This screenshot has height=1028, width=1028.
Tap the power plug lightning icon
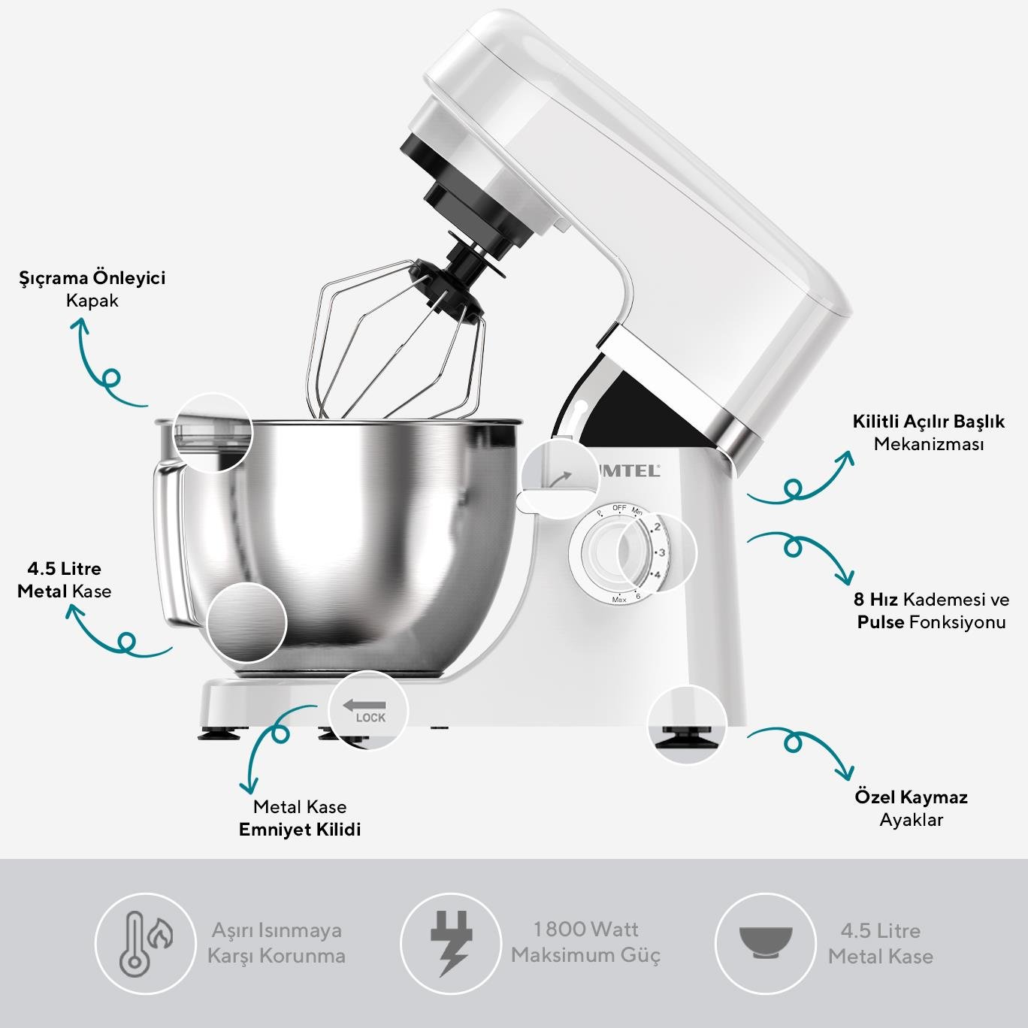(451, 943)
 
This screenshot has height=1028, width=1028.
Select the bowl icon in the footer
(766, 942)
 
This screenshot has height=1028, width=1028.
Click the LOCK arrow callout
(367, 710)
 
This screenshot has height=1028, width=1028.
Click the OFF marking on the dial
(619, 508)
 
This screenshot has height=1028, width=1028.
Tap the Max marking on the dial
(618, 600)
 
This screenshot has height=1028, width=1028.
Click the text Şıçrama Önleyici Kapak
(92, 289)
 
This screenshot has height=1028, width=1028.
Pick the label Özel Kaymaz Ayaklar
(912, 808)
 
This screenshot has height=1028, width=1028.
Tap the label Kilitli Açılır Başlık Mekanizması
(928, 432)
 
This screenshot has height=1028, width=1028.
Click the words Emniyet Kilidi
(300, 830)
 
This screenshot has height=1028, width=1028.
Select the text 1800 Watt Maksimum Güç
(585, 942)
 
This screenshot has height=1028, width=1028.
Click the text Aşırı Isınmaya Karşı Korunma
(277, 942)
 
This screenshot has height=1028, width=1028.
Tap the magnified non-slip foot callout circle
(687, 724)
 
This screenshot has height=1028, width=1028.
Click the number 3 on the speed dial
(661, 552)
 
